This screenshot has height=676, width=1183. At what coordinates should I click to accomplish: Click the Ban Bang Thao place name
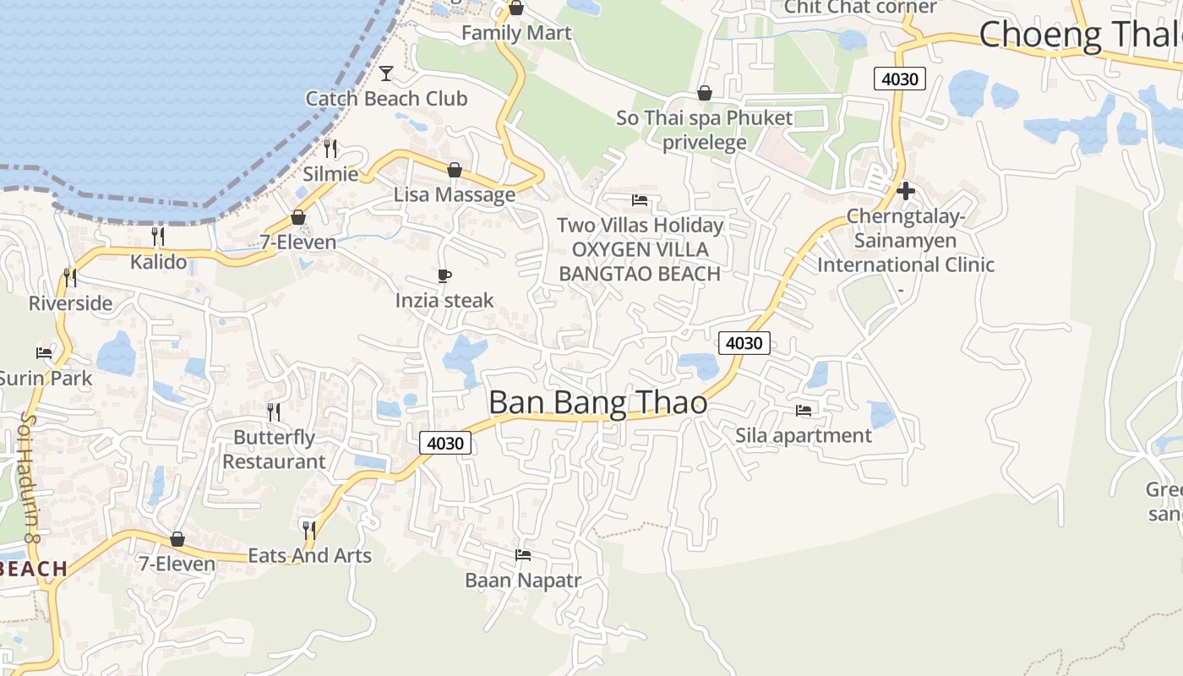tap(597, 403)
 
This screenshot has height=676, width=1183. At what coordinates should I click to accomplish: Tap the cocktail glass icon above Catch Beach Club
tap(386, 74)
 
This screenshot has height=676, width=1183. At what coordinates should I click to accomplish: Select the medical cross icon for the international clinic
tap(906, 191)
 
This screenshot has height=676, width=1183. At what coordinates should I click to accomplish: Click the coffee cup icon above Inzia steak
tap(444, 275)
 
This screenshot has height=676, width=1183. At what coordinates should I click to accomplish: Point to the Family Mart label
tap(516, 33)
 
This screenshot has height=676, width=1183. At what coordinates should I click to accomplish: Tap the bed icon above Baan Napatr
tap(523, 555)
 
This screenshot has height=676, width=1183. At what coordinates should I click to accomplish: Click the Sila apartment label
tap(803, 435)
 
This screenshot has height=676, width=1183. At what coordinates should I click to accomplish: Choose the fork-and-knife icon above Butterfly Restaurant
tap(274, 412)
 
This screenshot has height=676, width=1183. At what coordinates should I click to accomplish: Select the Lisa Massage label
tap(455, 194)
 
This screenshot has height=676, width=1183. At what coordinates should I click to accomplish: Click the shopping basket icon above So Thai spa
tap(704, 93)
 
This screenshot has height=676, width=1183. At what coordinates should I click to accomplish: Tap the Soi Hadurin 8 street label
tap(30, 477)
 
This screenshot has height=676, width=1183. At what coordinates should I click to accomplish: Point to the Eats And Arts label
tap(309, 555)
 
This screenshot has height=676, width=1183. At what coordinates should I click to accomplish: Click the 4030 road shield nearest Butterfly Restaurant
tap(445, 443)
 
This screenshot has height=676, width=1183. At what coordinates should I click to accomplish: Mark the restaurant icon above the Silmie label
tap(330, 149)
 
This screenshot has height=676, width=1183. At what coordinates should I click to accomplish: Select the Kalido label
tap(158, 262)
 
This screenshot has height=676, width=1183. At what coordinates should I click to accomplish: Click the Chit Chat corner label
tap(860, 8)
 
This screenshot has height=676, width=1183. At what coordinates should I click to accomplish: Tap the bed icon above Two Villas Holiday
tap(640, 200)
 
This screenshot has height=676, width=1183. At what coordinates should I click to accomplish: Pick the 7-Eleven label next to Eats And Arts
tap(177, 564)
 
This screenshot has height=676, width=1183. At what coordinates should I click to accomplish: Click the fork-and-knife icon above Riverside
tap(70, 277)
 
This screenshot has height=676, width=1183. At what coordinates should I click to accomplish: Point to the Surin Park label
tap(46, 378)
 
